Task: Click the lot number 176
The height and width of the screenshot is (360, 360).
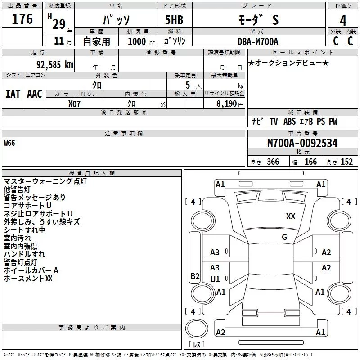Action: pos(22,19)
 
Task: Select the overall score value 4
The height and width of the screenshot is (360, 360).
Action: pos(343,20)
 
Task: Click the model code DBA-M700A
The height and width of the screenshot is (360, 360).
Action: pos(258,41)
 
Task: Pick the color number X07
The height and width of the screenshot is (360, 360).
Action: pos(75,103)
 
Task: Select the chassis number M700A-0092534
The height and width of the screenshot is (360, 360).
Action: pos(302,144)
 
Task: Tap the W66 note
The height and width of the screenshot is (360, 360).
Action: pos(10,143)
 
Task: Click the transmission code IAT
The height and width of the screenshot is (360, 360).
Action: pos(13,94)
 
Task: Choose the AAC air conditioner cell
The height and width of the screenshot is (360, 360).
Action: pos(35,94)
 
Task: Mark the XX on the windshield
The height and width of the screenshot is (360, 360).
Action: pos(291,216)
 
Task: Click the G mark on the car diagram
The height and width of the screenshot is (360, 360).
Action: pos(284,237)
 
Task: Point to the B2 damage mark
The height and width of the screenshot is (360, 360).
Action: pos(195,276)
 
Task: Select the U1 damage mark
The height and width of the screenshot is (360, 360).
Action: pos(215,279)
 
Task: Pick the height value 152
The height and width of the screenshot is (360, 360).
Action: pos(346,162)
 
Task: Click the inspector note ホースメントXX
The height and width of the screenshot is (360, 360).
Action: pos(28,279)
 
